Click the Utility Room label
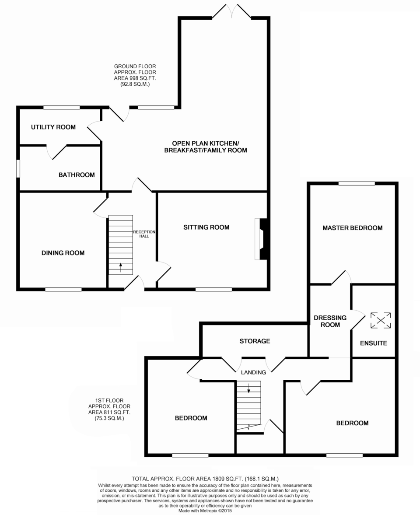(53, 127)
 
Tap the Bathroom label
(77, 175)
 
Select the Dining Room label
(63, 253)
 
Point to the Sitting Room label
(206, 227)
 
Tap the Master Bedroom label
(352, 227)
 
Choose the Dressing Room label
(330, 321)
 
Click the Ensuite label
(374, 343)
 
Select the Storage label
(255, 341)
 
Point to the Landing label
(253, 372)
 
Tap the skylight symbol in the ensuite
(381, 320)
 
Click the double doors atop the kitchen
(232, 11)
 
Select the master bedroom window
(357, 183)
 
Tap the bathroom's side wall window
(18, 168)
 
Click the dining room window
(63, 289)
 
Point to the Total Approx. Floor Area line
(205, 479)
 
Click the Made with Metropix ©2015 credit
(205, 511)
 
